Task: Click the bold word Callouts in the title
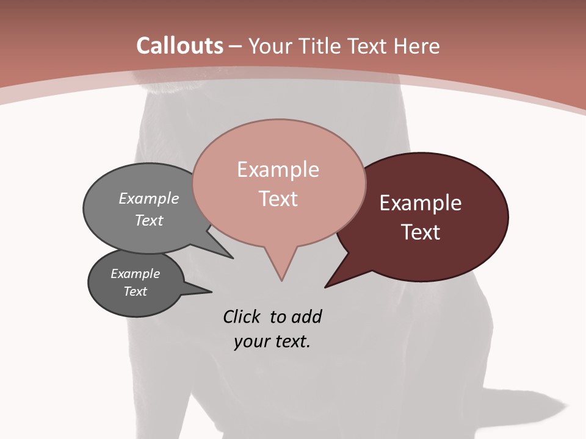(179, 46)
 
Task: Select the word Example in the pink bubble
(278, 170)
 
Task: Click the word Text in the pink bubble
(278, 199)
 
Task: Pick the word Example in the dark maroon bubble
(421, 203)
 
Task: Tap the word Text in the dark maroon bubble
(421, 232)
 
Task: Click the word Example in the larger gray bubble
(149, 198)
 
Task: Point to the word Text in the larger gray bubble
(149, 220)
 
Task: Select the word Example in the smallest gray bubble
(135, 274)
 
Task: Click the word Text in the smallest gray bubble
(135, 291)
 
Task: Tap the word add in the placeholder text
(306, 316)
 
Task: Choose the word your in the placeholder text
(251, 341)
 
